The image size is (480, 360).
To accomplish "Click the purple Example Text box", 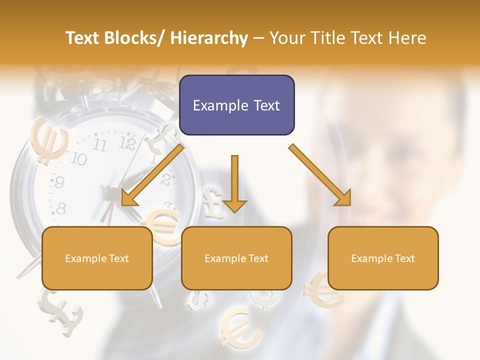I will (236, 105).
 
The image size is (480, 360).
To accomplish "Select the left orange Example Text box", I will (97, 258).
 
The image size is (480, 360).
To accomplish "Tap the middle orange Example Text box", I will (236, 258).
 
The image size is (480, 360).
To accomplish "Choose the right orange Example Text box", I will (383, 258).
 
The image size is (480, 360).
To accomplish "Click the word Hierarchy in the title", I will (209, 38).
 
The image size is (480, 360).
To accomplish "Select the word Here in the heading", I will (407, 38).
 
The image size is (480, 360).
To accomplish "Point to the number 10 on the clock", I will (78, 159).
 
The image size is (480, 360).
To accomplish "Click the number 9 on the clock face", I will (59, 182).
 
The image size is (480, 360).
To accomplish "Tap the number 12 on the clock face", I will (128, 144).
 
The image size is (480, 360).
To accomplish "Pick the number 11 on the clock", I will (100, 145).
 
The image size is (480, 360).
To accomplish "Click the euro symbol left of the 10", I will (49, 141).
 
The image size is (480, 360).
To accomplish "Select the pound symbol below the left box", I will (61, 312).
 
